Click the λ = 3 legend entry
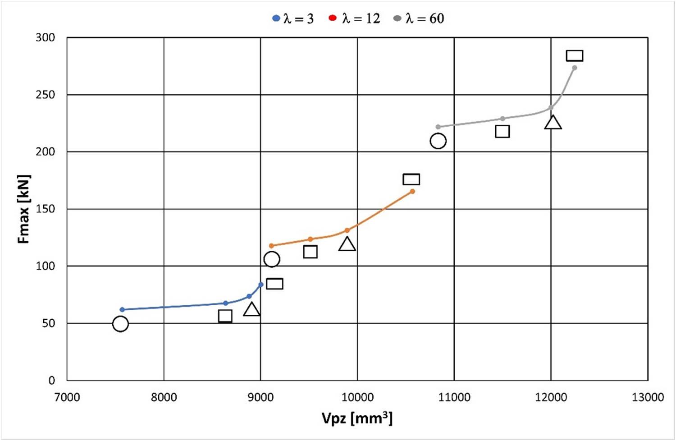coord(293,18)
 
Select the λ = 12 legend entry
coord(355,18)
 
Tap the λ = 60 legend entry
coord(419,18)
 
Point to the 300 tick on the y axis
coord(45,37)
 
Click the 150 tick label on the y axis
coord(45,209)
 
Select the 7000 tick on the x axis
coord(67,397)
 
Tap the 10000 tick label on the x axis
coord(357,397)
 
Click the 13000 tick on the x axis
coord(648,397)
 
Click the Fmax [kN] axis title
coord(24,209)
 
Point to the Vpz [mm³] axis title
coord(357,418)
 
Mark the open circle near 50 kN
coord(120,324)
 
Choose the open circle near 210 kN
coord(438,141)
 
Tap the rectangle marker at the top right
coord(575,56)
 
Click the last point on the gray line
coord(575,68)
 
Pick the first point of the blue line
coord(122,309)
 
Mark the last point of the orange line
coord(412,192)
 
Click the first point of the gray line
coord(438,127)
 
